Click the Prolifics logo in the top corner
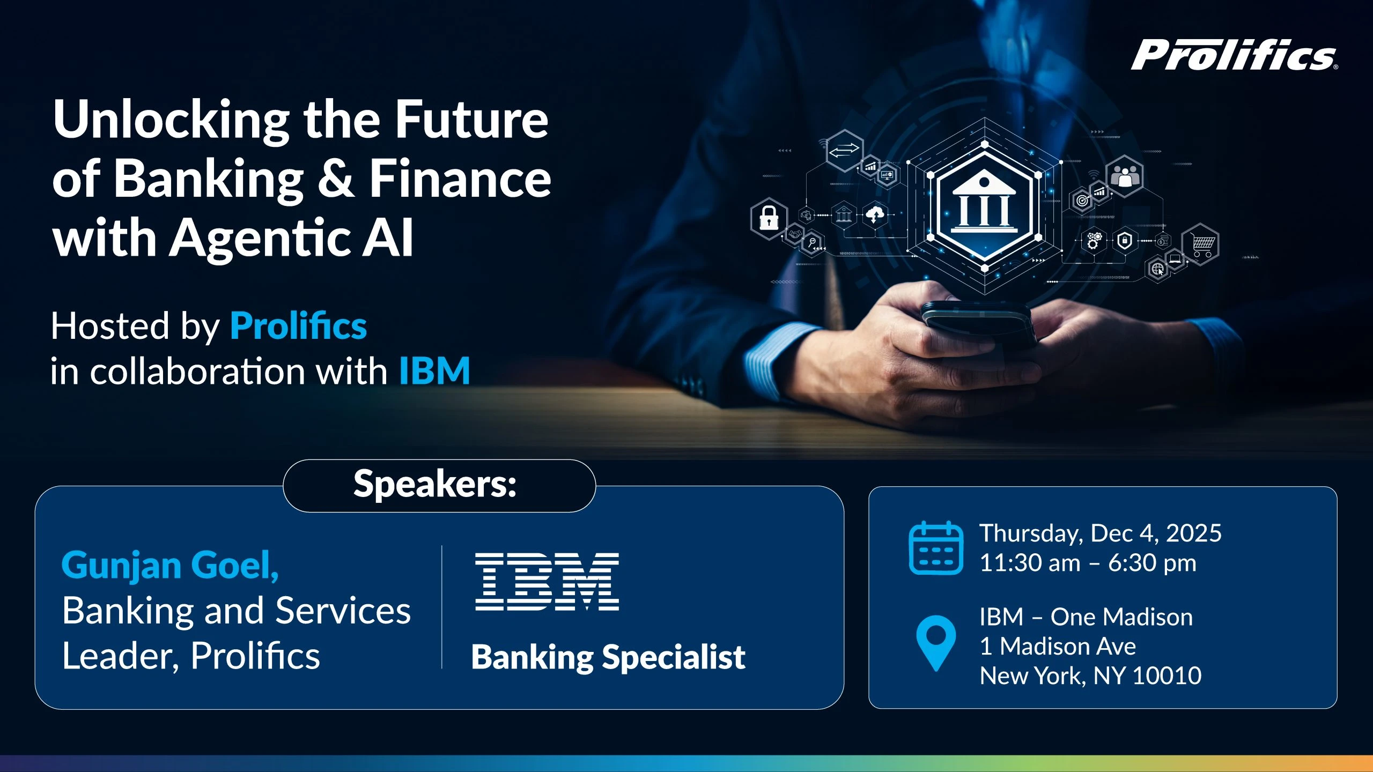point(1234,55)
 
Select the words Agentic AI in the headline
point(292,237)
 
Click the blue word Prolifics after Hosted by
point(298,326)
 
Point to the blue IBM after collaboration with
point(434,371)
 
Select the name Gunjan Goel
point(170,565)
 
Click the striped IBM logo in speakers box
point(547,582)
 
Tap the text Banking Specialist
point(608,657)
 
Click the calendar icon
point(936,548)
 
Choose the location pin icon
point(936,642)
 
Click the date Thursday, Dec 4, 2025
point(1100,533)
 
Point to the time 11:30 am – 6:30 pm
point(1088,563)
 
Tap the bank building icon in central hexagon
point(984,203)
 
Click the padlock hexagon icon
point(769,218)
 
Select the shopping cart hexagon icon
point(1202,244)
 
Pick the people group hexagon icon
point(1125,176)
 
